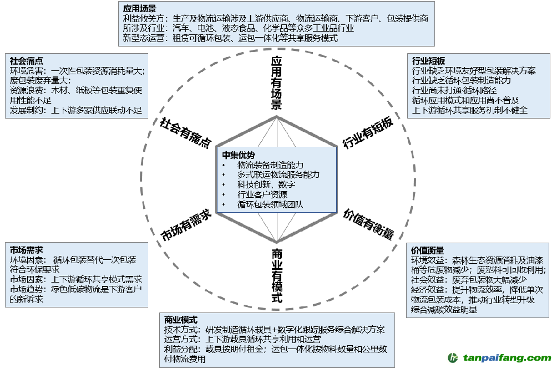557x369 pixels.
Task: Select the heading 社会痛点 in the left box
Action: [x=27, y=61]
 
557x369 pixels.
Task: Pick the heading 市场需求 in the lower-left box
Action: [x=27, y=249]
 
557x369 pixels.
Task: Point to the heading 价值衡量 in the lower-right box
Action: [x=427, y=250]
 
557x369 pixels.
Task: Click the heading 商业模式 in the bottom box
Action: [x=181, y=320]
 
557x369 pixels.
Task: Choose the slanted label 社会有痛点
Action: [x=185, y=132]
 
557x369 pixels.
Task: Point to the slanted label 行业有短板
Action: [x=368, y=134]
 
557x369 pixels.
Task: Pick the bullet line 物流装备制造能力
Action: [x=270, y=165]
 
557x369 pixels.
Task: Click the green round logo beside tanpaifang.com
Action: [x=453, y=358]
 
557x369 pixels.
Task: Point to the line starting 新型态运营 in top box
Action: [x=230, y=38]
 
